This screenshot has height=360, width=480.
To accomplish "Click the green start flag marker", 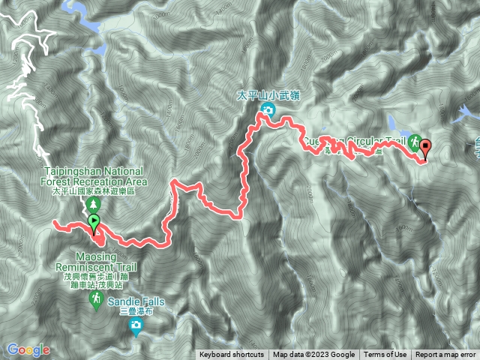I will click(94, 222).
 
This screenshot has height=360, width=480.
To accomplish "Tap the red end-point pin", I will click(426, 148).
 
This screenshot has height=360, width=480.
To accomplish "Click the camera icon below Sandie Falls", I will click(136, 324).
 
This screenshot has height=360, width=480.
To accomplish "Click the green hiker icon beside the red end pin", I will click(414, 140).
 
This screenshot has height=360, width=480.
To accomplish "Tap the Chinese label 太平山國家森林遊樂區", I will click(94, 191).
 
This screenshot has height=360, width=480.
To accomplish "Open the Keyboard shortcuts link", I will click(231, 355).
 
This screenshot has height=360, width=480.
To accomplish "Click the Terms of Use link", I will click(385, 355).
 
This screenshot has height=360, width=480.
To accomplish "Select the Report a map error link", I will click(445, 355).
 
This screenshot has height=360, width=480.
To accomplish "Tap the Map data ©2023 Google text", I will click(313, 355).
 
